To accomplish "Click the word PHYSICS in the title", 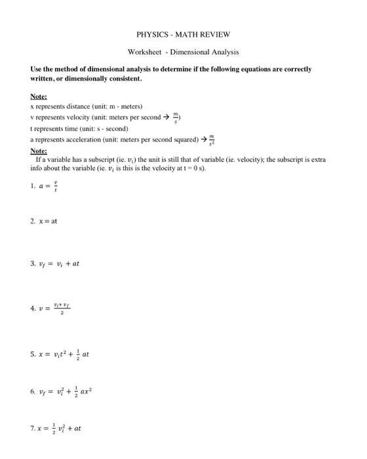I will tap(152, 34).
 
